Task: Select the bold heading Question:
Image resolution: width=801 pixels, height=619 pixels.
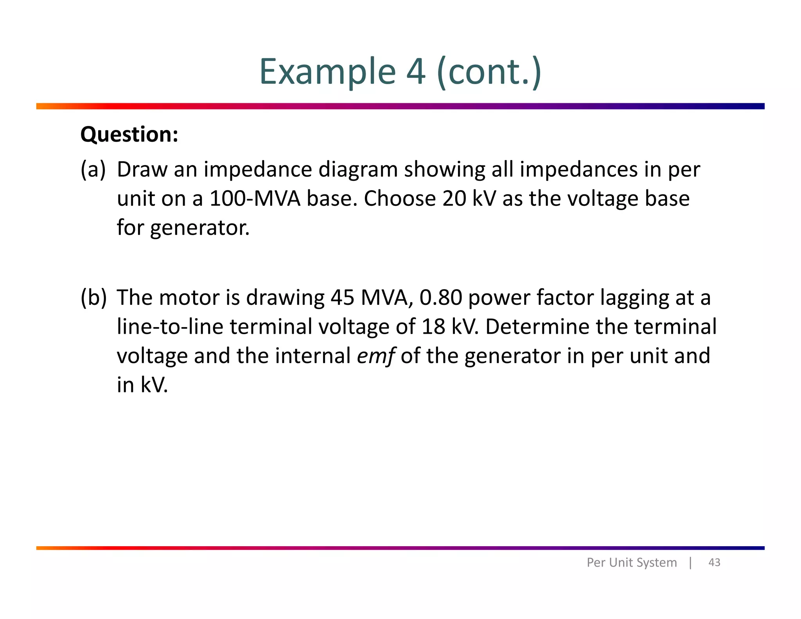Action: [x=129, y=135]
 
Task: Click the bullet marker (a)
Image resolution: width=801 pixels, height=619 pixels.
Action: [x=93, y=170]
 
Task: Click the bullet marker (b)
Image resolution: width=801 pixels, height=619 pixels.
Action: [x=93, y=298]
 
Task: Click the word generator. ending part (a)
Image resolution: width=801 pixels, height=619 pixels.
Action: [x=200, y=228]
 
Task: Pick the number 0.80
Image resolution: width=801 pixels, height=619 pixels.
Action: [x=441, y=298]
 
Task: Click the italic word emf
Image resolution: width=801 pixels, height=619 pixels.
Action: [x=375, y=356]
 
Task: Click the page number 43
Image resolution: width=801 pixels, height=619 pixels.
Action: [x=714, y=563]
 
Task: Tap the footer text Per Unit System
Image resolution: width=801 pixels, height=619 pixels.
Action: [x=632, y=563]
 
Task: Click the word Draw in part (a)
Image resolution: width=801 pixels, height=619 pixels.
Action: [x=142, y=170]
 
